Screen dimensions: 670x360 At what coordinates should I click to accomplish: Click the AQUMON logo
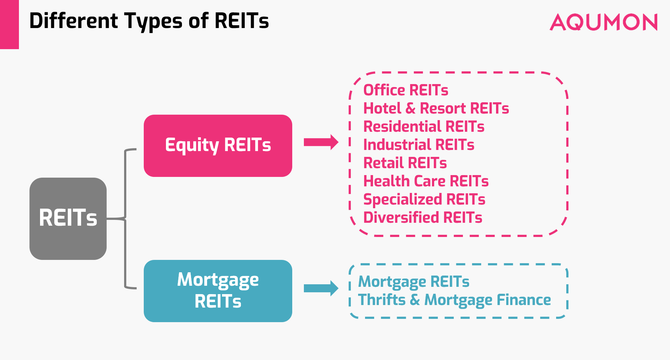604,23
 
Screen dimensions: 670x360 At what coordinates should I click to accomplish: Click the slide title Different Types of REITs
149,21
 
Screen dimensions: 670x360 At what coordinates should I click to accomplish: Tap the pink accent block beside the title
9,24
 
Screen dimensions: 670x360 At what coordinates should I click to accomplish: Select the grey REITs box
68,218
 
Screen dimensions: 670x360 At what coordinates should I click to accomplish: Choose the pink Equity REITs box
218,146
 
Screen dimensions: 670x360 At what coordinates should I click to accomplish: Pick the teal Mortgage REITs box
218,291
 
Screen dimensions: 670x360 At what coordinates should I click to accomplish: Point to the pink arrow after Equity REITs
321,142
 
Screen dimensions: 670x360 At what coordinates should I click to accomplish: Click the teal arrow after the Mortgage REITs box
321,288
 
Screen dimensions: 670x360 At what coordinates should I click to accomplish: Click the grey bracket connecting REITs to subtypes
125,218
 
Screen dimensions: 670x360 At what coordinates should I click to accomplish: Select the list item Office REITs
406,90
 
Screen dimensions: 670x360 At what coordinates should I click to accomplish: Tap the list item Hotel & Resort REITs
436,108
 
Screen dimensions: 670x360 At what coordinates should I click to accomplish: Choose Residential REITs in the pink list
424,127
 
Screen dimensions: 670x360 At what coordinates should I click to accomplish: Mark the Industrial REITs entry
419,145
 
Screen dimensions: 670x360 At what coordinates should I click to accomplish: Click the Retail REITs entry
405,163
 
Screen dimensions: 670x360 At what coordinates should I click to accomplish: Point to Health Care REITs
426,181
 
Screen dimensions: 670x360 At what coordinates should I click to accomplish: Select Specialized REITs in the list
424,200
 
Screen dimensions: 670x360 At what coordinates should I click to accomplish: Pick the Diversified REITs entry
423,218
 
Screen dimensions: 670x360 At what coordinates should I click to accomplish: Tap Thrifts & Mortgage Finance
455,300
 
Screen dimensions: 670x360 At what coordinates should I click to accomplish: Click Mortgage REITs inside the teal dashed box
414,282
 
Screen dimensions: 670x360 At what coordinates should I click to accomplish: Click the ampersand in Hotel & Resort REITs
411,108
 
